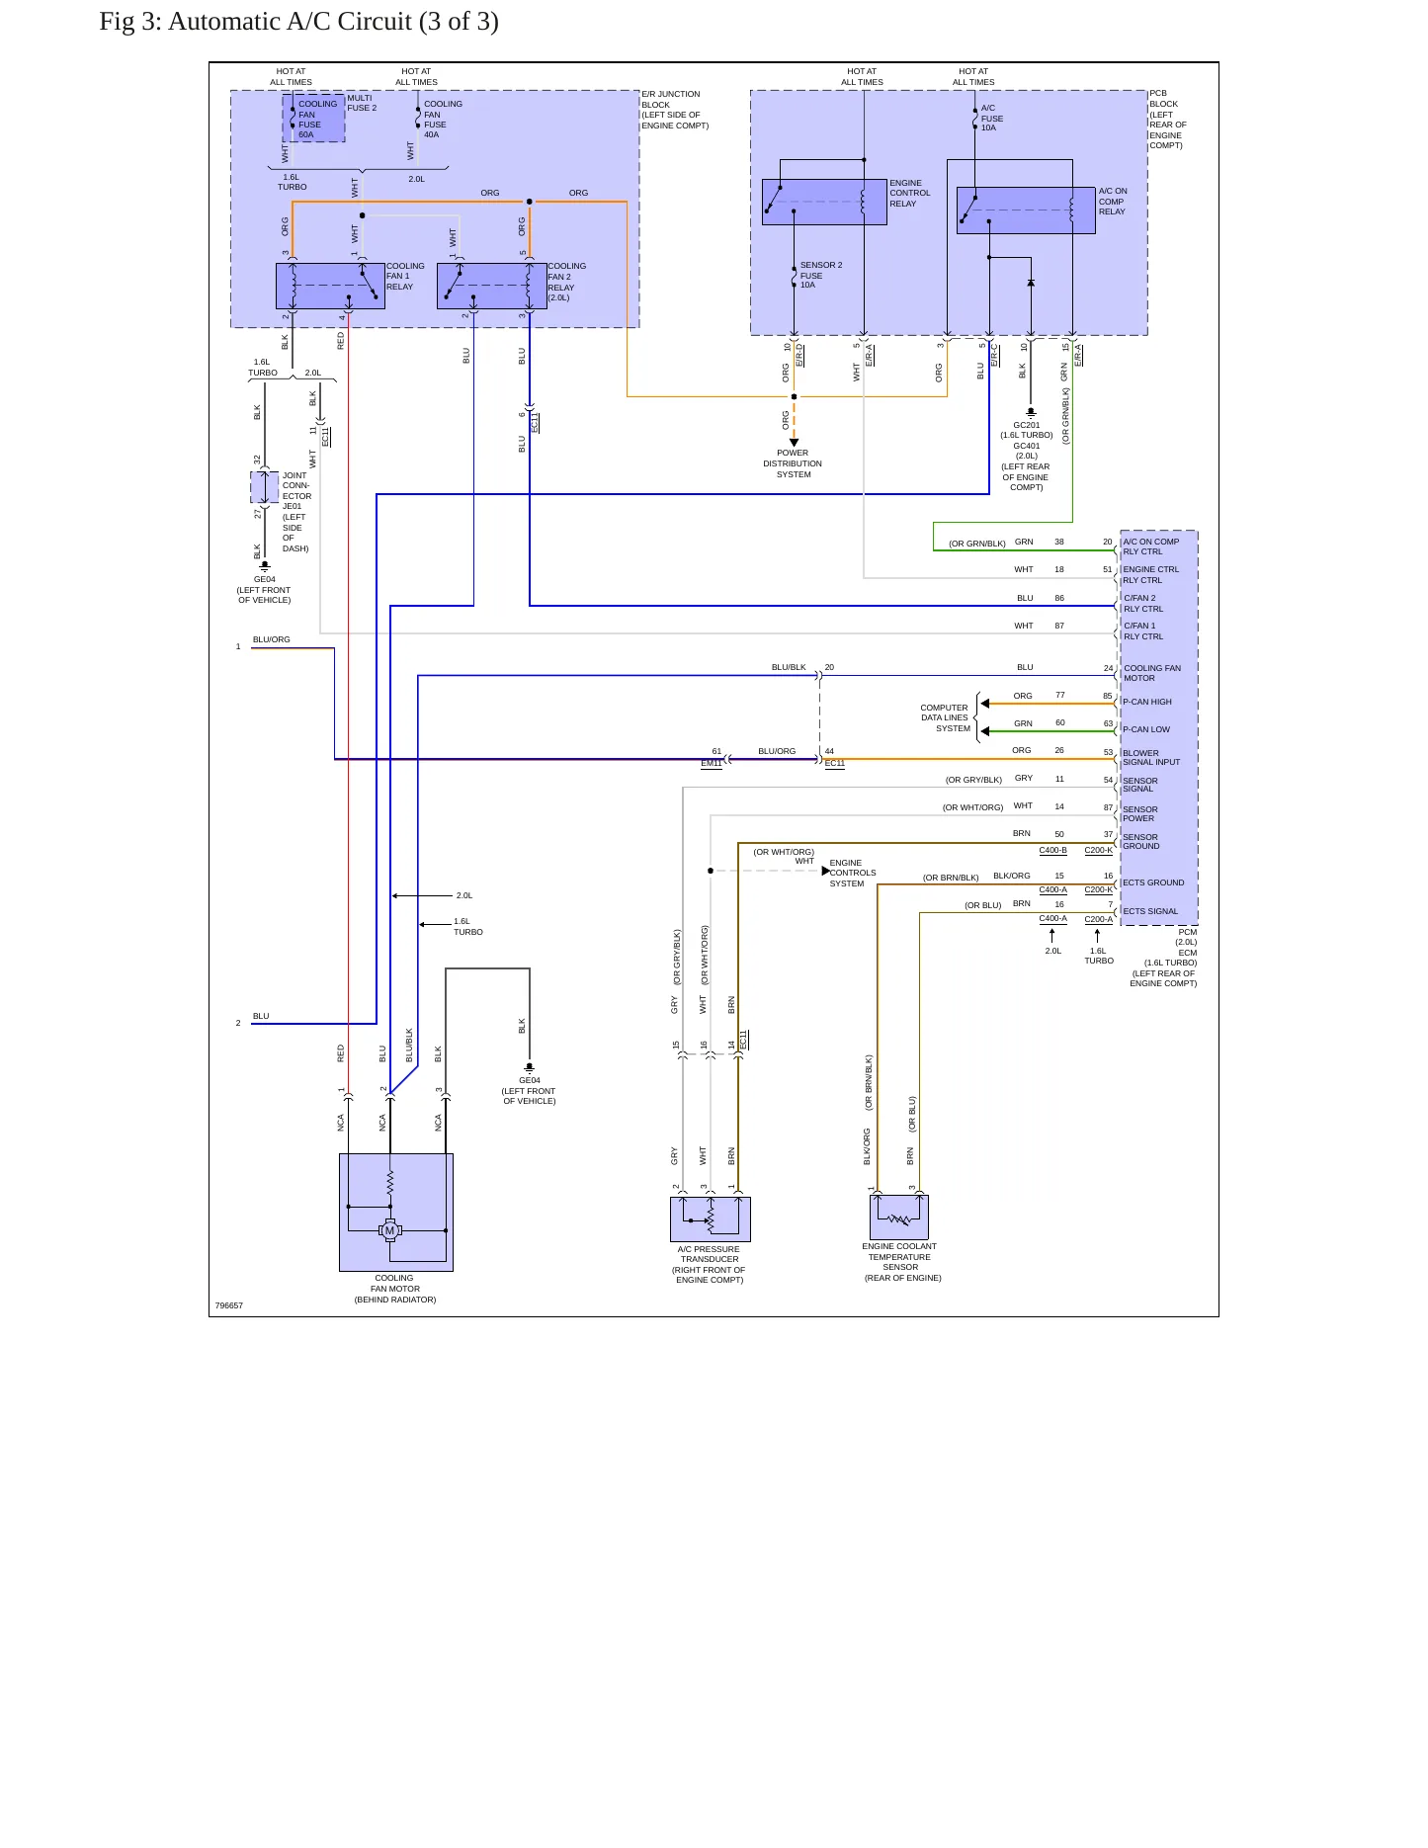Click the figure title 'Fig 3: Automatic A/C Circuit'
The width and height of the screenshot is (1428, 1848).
pyautogui.click(x=256, y=22)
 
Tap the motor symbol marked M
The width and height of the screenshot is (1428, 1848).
pyautogui.click(x=389, y=1230)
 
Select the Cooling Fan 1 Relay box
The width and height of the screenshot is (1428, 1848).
pyautogui.click(x=330, y=287)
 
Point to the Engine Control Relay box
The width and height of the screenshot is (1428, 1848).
pyautogui.click(x=824, y=202)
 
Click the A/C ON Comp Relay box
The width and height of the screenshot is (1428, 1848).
pyautogui.click(x=1026, y=210)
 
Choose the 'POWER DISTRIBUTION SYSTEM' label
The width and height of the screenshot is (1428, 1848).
pyautogui.click(x=793, y=463)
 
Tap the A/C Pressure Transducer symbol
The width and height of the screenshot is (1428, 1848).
pyautogui.click(x=711, y=1219)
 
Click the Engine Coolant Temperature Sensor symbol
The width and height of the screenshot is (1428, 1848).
pyautogui.click(x=899, y=1218)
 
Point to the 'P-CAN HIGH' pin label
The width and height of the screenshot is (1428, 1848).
pyautogui.click(x=1147, y=702)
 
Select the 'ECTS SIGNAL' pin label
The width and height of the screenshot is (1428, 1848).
pyautogui.click(x=1150, y=911)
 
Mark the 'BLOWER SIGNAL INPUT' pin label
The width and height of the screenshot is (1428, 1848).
pyautogui.click(x=1151, y=757)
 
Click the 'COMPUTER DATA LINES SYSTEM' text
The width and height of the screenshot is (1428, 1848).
pyautogui.click(x=946, y=718)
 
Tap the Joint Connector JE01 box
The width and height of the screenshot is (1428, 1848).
pyautogui.click(x=264, y=487)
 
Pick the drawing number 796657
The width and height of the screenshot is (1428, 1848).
pyautogui.click(x=229, y=1305)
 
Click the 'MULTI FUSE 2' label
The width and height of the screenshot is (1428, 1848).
pyautogui.click(x=362, y=103)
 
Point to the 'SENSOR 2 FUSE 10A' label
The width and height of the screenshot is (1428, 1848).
pyautogui.click(x=821, y=275)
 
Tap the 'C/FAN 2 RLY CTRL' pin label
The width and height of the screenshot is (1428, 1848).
pyautogui.click(x=1143, y=603)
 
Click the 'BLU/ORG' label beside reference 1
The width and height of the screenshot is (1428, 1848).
pyautogui.click(x=272, y=639)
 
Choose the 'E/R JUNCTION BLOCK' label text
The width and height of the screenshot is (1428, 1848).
pyautogui.click(x=671, y=99)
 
